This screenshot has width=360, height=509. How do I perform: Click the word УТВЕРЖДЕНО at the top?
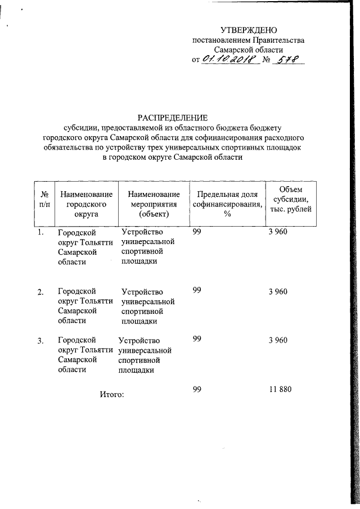click(248, 29)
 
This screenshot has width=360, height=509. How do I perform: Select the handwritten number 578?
click(287, 60)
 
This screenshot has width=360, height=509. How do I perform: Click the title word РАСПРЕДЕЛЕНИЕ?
click(173, 117)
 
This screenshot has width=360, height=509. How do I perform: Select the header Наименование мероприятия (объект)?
click(150, 204)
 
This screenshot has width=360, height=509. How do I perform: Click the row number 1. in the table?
click(40, 232)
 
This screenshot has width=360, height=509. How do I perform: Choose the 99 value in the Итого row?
click(197, 390)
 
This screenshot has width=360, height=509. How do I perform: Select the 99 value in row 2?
click(197, 290)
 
